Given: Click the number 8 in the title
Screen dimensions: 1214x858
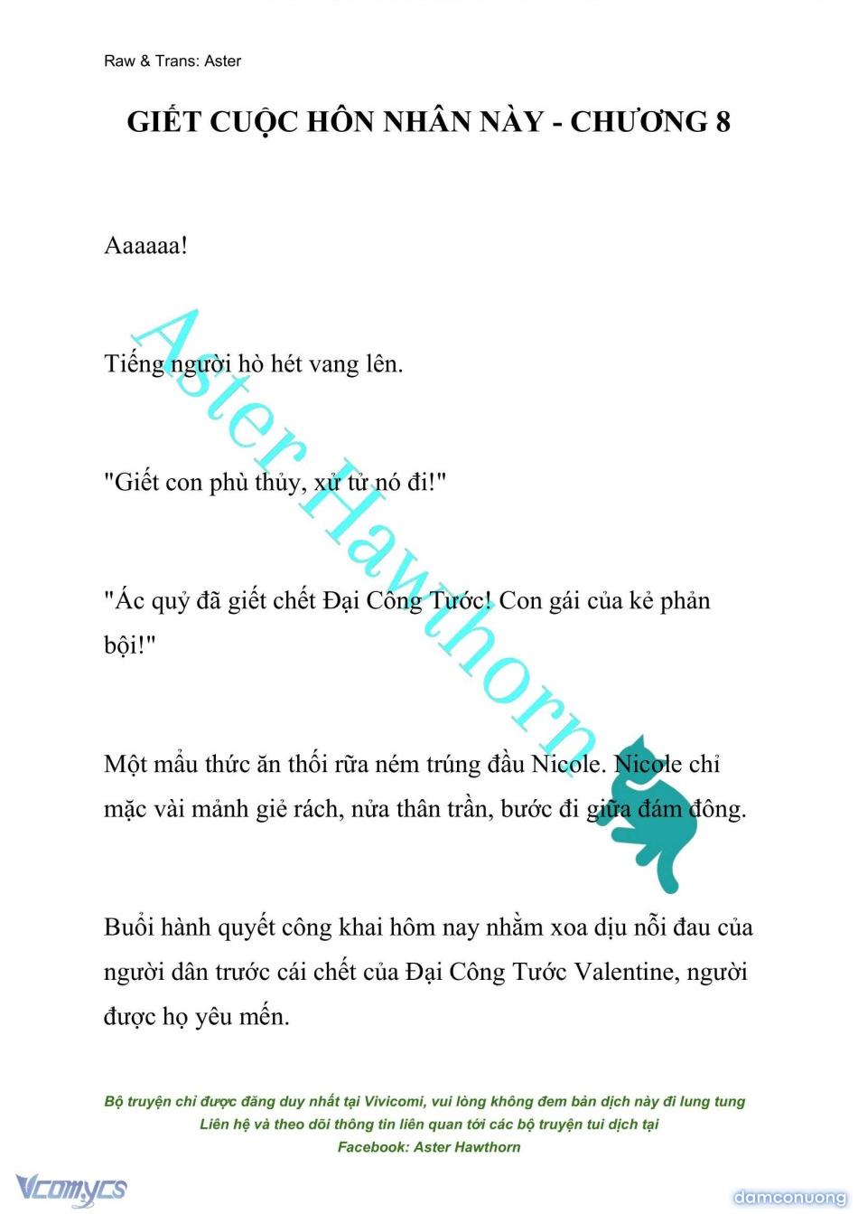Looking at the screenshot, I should (x=722, y=121).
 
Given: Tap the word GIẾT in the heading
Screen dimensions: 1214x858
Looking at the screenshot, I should (x=163, y=121).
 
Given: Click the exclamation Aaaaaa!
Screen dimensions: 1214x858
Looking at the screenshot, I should (x=146, y=246).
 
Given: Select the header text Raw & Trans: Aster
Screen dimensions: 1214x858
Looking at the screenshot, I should (x=173, y=61).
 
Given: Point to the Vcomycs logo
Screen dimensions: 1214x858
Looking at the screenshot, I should (x=71, y=1188).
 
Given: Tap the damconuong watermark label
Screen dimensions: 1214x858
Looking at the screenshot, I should (x=788, y=1197).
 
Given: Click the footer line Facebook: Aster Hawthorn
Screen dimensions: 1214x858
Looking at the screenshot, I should (x=429, y=1147).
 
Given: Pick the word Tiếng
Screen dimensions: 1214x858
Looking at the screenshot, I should (x=134, y=364).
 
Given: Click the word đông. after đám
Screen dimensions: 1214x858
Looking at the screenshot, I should (x=718, y=809).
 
